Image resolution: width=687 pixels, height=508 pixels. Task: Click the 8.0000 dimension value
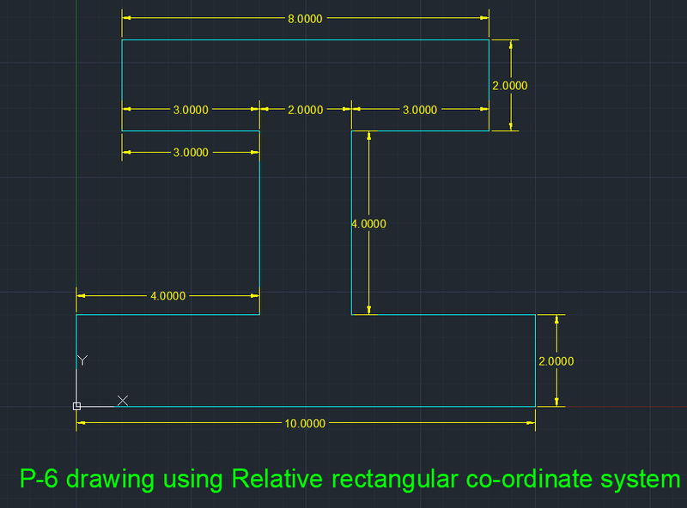305,18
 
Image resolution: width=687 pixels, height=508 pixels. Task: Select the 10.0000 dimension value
305,423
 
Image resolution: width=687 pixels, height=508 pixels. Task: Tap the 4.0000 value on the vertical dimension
368,224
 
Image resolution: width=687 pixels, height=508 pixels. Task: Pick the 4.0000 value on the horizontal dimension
167,296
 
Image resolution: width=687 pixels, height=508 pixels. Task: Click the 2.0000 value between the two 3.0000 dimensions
305,110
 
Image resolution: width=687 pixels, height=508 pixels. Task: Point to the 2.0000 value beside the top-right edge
509,86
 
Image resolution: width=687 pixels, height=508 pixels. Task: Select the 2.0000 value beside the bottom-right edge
556,361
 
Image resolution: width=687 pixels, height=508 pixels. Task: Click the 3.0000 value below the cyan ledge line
191,153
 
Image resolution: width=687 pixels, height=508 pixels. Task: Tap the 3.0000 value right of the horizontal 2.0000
420,110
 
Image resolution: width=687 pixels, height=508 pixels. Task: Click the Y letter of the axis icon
82,360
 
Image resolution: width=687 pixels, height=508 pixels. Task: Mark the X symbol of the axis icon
123,401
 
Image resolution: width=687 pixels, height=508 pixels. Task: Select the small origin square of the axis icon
76,406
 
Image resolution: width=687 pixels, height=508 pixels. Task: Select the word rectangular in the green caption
401,479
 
